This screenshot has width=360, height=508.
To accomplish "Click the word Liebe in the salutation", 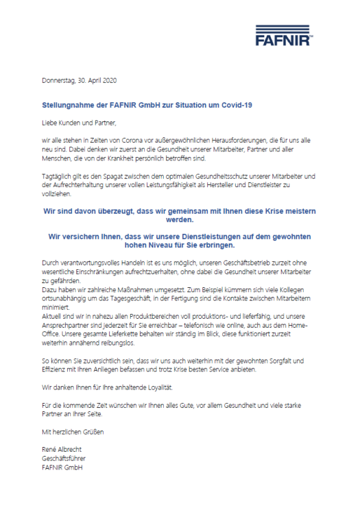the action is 50,123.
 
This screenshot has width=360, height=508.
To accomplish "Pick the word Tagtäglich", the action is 57,176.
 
